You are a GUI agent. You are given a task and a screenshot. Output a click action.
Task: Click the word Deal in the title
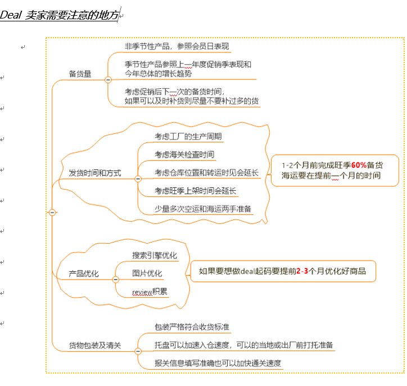(x=10, y=15)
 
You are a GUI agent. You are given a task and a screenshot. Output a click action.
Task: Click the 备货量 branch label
(x=80, y=74)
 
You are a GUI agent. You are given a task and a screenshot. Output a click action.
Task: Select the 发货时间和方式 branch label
(x=95, y=173)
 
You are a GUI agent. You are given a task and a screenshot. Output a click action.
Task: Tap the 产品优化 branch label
(x=84, y=273)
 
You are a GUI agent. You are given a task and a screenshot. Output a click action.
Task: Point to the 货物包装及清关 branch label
(x=95, y=345)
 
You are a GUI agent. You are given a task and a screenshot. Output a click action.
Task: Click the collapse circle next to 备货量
(x=108, y=80)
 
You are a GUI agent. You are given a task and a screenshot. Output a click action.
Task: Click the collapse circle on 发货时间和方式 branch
(x=138, y=179)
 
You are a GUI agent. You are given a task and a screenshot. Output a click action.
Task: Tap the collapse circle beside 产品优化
(x=115, y=280)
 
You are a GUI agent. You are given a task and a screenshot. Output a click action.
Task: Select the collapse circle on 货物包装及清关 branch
(x=138, y=351)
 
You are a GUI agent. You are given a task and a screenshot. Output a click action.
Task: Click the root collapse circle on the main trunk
(x=52, y=213)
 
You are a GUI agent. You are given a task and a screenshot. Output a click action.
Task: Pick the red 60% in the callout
(x=359, y=165)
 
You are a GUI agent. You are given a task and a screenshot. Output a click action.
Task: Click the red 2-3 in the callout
(x=302, y=271)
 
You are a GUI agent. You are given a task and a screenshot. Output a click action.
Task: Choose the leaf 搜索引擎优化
(x=155, y=255)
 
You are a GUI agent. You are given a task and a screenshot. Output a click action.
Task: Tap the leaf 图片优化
(x=147, y=273)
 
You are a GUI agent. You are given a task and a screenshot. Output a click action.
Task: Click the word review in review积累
(x=142, y=292)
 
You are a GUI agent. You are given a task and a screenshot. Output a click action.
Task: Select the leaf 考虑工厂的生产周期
(x=188, y=136)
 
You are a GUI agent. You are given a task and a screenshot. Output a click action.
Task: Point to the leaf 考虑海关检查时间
(x=184, y=155)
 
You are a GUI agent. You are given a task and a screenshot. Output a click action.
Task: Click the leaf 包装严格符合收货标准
(x=192, y=327)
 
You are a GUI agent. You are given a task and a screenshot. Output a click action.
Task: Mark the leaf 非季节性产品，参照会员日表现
(x=177, y=46)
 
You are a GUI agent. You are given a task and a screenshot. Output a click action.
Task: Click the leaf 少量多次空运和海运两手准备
(x=203, y=209)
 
